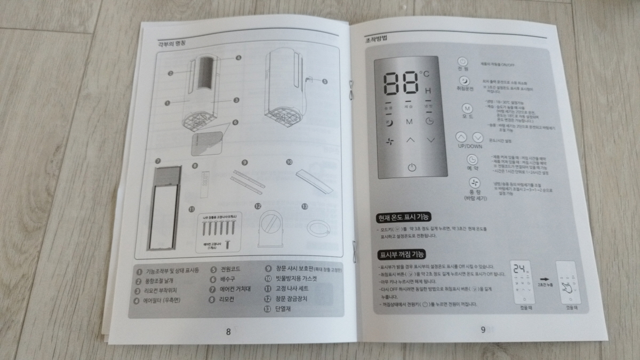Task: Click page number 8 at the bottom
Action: click(x=228, y=332)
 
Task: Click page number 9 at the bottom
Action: click(x=483, y=330)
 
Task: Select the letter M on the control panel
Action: click(x=410, y=122)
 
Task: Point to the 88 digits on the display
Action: click(x=400, y=83)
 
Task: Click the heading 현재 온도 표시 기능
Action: click(x=404, y=218)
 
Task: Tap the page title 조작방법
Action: click(x=376, y=39)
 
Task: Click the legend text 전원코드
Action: click(x=233, y=270)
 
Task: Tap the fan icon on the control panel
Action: click(x=390, y=141)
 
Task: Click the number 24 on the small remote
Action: click(x=518, y=270)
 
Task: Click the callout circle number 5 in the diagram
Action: click(x=325, y=82)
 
